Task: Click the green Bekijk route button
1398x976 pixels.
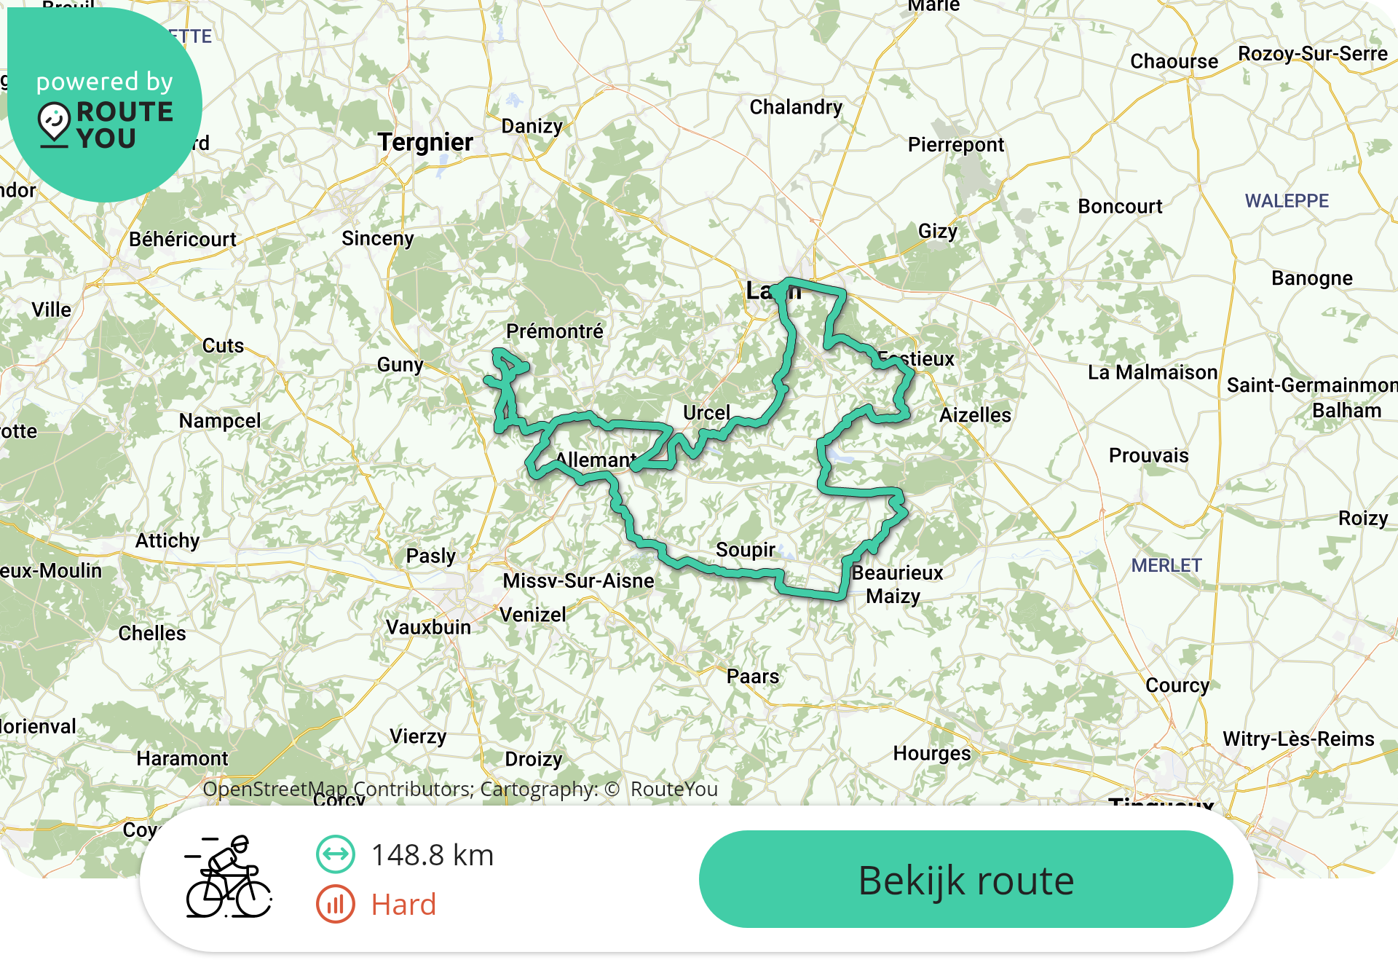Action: point(965,879)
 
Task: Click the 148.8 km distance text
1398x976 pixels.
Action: point(433,855)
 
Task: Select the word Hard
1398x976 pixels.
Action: point(403,905)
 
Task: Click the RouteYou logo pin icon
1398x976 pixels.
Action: point(54,122)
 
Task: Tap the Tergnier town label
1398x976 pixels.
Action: point(425,142)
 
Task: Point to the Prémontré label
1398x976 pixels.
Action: point(555,331)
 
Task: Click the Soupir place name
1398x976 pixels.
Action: point(745,550)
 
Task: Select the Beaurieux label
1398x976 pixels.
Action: point(897,573)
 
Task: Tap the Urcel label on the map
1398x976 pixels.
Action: point(706,413)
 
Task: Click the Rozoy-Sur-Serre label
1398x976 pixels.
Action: point(1313,54)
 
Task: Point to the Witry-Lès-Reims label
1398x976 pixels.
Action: point(1298,739)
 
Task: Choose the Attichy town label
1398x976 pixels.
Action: point(167,540)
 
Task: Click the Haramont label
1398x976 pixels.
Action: point(182,758)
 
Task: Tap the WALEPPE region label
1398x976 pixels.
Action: point(1287,201)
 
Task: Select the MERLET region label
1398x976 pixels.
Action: point(1166,565)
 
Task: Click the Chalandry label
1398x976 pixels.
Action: point(796,107)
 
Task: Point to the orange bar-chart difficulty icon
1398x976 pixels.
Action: point(335,905)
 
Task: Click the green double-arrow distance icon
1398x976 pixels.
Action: point(335,854)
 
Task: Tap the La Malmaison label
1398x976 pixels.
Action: point(1153,373)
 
